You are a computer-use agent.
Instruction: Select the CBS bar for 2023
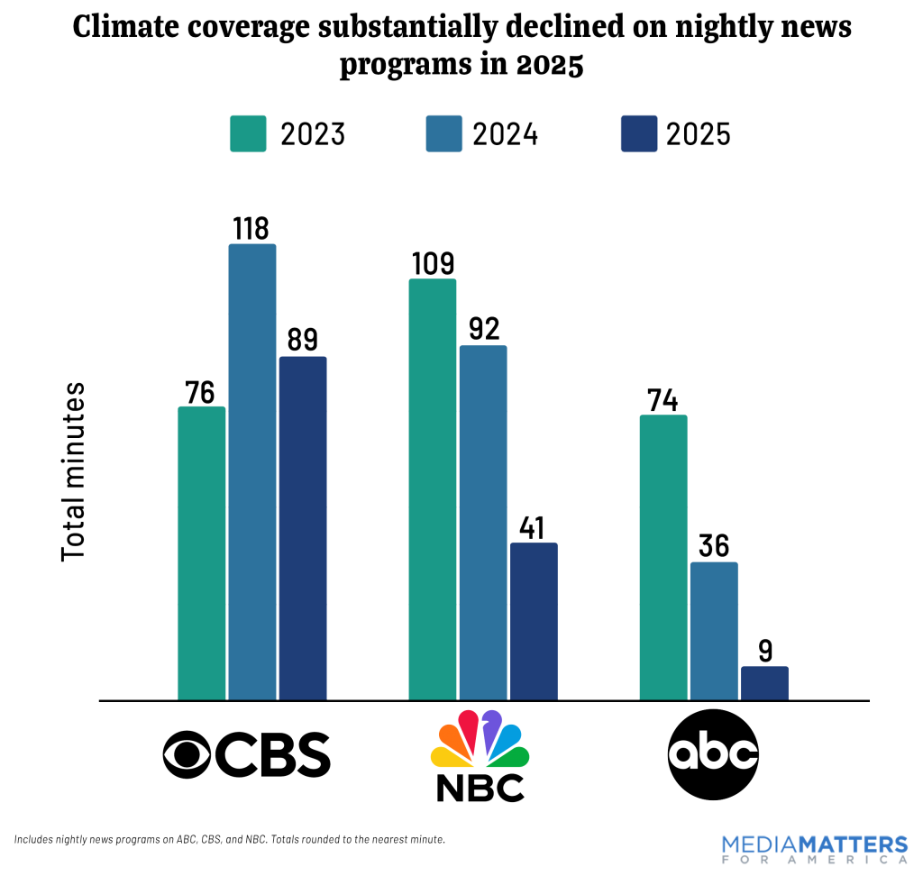click(x=202, y=552)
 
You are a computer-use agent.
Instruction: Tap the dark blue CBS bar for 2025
click(x=303, y=528)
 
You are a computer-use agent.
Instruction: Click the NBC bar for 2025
click(x=534, y=621)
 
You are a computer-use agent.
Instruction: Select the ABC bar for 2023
click(x=663, y=557)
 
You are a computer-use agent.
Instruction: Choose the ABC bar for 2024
click(x=714, y=631)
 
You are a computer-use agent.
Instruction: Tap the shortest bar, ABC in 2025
click(x=764, y=683)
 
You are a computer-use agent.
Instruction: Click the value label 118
click(x=252, y=227)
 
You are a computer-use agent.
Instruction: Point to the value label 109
click(x=433, y=262)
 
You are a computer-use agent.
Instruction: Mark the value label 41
click(x=534, y=526)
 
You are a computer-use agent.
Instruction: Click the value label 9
click(x=764, y=650)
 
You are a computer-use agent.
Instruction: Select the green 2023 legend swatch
click(x=248, y=133)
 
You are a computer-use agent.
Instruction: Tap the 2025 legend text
click(x=699, y=134)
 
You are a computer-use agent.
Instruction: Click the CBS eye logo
click(x=187, y=754)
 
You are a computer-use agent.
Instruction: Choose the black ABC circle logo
click(x=713, y=754)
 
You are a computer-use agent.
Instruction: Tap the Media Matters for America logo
click(x=814, y=849)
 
